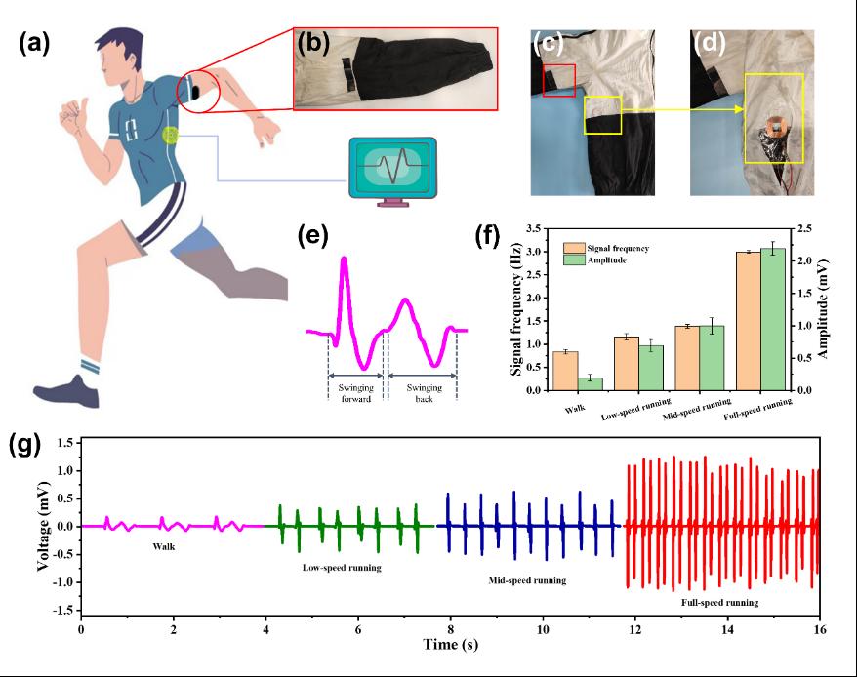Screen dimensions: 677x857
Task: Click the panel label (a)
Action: (37, 47)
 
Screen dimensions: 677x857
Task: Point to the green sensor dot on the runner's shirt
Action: (172, 137)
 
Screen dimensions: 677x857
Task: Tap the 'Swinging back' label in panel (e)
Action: (424, 393)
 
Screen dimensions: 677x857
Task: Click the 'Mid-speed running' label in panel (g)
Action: (527, 580)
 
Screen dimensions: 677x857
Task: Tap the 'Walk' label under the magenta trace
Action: (163, 547)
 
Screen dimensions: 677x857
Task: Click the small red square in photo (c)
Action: (559, 81)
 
